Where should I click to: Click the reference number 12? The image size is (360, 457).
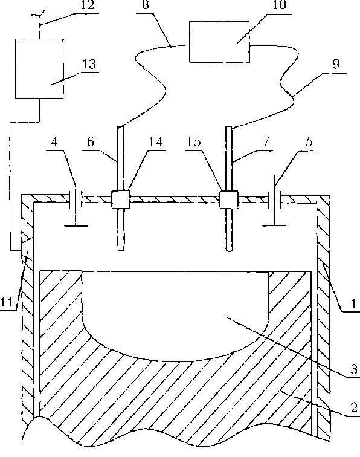point(87,5)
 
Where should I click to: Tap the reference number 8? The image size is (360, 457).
point(146,5)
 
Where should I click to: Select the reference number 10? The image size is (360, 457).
point(279,5)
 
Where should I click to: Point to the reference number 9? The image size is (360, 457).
point(336,64)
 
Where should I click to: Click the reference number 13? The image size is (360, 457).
point(89,64)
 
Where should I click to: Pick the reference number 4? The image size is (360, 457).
point(54,141)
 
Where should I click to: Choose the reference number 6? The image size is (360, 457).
point(91,141)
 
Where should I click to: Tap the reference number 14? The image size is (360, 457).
point(156,141)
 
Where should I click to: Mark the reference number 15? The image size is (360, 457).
point(194,141)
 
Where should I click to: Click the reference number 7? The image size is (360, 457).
point(265,141)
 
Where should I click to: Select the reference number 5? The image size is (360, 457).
point(309,141)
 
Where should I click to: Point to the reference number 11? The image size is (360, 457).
point(7,302)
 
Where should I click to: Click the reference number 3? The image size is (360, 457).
point(353,369)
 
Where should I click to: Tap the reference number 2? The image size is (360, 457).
point(354,407)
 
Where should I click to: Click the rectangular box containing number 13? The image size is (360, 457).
point(39,68)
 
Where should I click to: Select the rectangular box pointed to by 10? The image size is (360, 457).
point(219,42)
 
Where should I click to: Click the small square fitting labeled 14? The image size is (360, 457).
point(121,199)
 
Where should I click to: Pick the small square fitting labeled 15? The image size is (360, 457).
point(229,199)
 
